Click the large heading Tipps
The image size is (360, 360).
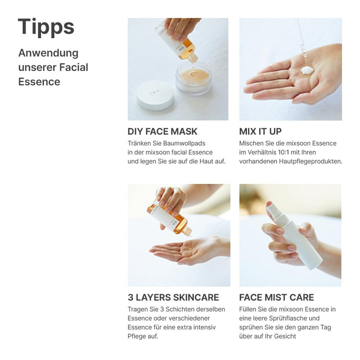coord(46,27)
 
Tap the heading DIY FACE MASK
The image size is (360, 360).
coord(162,131)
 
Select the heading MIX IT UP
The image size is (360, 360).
coord(260,131)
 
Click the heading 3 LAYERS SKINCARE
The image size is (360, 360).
coord(173,297)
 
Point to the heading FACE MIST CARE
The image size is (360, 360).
coord(276,297)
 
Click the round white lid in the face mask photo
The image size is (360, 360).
coord(154,95)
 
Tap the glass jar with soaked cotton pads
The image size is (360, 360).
coord(193,78)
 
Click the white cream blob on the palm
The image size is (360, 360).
coord(306,70)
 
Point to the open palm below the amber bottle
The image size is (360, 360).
coord(185,249)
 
